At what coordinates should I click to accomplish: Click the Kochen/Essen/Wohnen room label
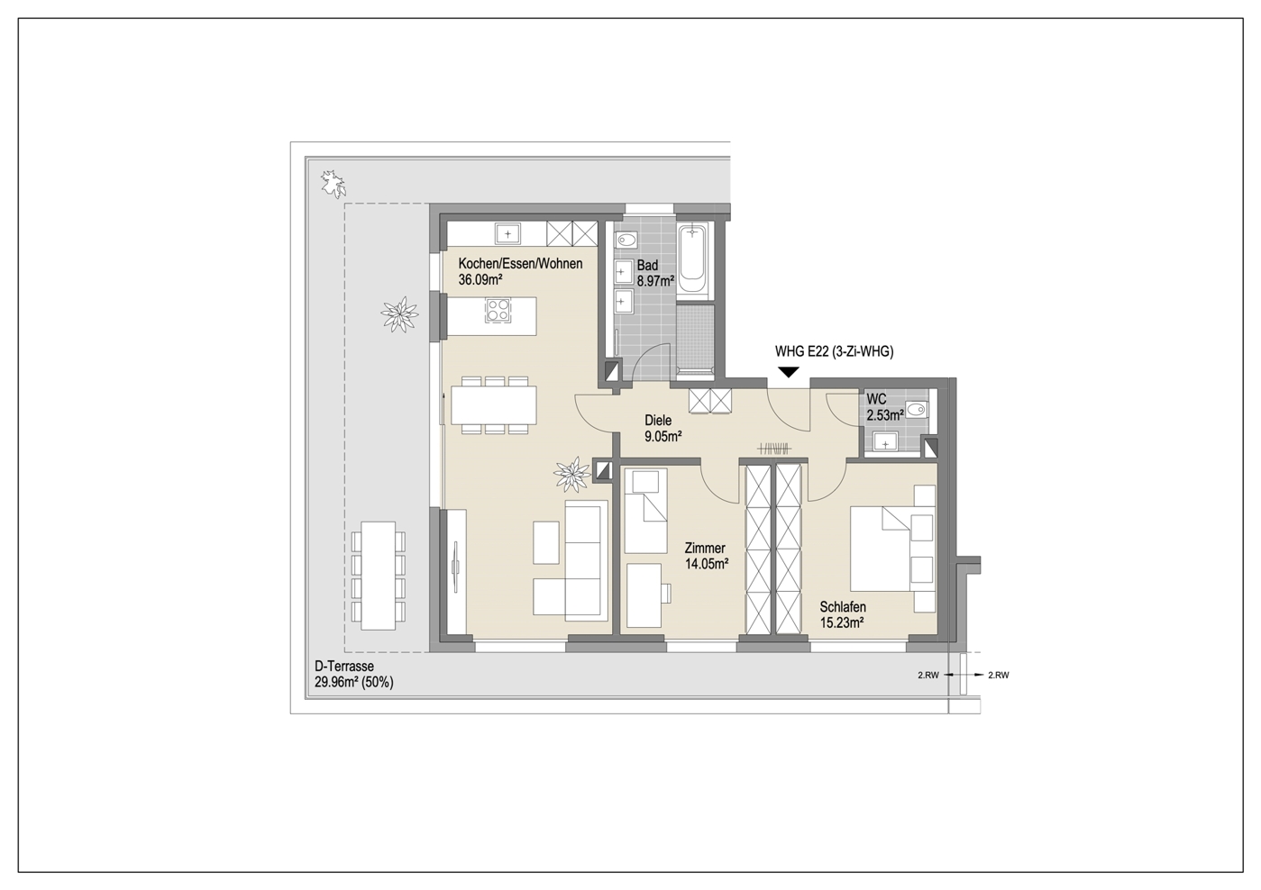520,264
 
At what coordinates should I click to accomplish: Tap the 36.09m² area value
480,279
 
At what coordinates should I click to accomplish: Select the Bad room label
647,266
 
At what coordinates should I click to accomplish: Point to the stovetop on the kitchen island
498,310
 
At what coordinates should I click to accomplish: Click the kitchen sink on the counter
507,233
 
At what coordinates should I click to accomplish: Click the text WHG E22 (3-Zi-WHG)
834,351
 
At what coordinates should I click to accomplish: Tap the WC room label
876,399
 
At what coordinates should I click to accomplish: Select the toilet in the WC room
917,410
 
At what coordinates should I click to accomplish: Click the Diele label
658,421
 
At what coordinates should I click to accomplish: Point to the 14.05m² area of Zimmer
707,564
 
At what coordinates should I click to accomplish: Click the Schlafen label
843,607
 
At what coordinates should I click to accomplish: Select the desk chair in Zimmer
666,593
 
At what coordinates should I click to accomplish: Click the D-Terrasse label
344,666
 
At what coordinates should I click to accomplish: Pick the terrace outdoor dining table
379,577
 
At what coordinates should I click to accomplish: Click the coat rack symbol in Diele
774,449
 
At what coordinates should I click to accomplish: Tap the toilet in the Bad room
626,241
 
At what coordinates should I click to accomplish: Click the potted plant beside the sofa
573,474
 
